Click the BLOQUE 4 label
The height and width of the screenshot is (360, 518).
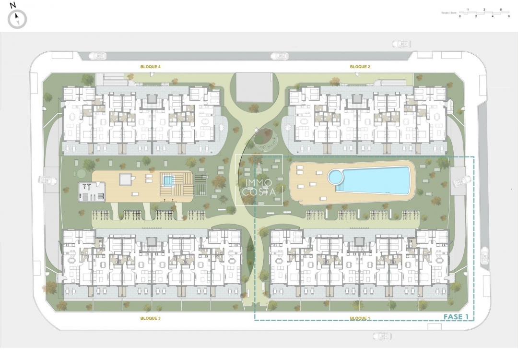150,67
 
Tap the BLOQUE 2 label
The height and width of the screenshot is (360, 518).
360,67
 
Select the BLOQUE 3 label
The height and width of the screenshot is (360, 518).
150,318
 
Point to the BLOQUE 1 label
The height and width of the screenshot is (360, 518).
360,318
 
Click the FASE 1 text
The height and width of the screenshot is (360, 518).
456,317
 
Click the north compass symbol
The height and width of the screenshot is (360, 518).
17,19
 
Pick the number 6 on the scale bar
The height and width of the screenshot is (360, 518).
508,16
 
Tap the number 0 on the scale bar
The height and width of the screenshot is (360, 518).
459,16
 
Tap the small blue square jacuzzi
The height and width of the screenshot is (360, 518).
167,180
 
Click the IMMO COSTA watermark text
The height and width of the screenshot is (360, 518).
259,187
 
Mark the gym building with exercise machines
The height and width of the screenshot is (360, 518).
92,192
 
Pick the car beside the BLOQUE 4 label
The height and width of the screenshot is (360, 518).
98,56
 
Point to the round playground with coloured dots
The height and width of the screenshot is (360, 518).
267,138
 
